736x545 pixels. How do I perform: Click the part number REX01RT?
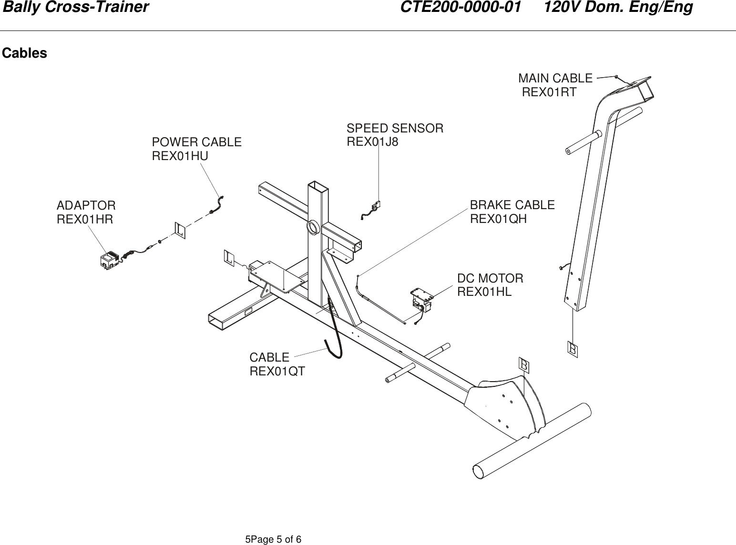549,92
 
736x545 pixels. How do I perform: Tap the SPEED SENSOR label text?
395,128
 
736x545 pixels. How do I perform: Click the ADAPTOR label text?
86,206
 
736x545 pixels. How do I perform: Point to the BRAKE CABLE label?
512,205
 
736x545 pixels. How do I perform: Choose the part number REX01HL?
484,292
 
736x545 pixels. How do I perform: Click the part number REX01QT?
277,371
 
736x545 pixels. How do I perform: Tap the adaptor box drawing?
110,260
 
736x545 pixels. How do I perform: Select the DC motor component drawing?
421,301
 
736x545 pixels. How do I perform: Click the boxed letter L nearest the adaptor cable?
180,230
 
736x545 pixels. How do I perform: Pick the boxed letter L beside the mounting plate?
230,258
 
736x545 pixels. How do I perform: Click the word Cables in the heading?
25,53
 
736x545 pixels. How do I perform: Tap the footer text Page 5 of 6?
273,539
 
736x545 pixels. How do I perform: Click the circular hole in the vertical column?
314,227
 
